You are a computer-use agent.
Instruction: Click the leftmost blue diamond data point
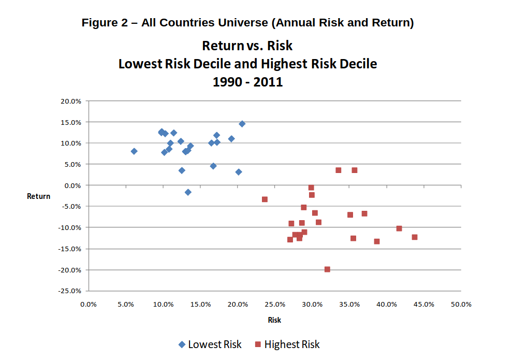tap(134, 151)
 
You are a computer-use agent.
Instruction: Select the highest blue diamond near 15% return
tap(242, 124)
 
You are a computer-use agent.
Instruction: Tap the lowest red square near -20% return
tap(327, 269)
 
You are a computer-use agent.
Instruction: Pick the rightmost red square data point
tap(415, 237)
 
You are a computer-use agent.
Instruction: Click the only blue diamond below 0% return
tap(188, 192)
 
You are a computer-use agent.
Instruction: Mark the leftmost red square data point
tap(265, 199)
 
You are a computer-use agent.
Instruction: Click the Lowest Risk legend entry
tap(210, 344)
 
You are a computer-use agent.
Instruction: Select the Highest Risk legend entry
tap(287, 344)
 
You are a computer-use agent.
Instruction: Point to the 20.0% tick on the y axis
tap(71, 101)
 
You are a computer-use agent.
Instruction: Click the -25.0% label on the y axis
tap(70, 291)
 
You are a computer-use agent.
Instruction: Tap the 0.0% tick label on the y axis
tap(72, 185)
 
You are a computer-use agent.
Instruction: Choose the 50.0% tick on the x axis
tap(461, 305)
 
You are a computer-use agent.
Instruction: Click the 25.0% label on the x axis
tap(275, 305)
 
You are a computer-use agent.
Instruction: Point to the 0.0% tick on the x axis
tap(89, 305)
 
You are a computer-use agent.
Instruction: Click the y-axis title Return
tap(39, 196)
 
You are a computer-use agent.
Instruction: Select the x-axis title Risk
tap(274, 320)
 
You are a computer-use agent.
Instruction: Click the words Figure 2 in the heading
tap(105, 23)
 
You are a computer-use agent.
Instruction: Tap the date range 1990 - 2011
tap(247, 82)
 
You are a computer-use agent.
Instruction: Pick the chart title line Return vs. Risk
tap(247, 46)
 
